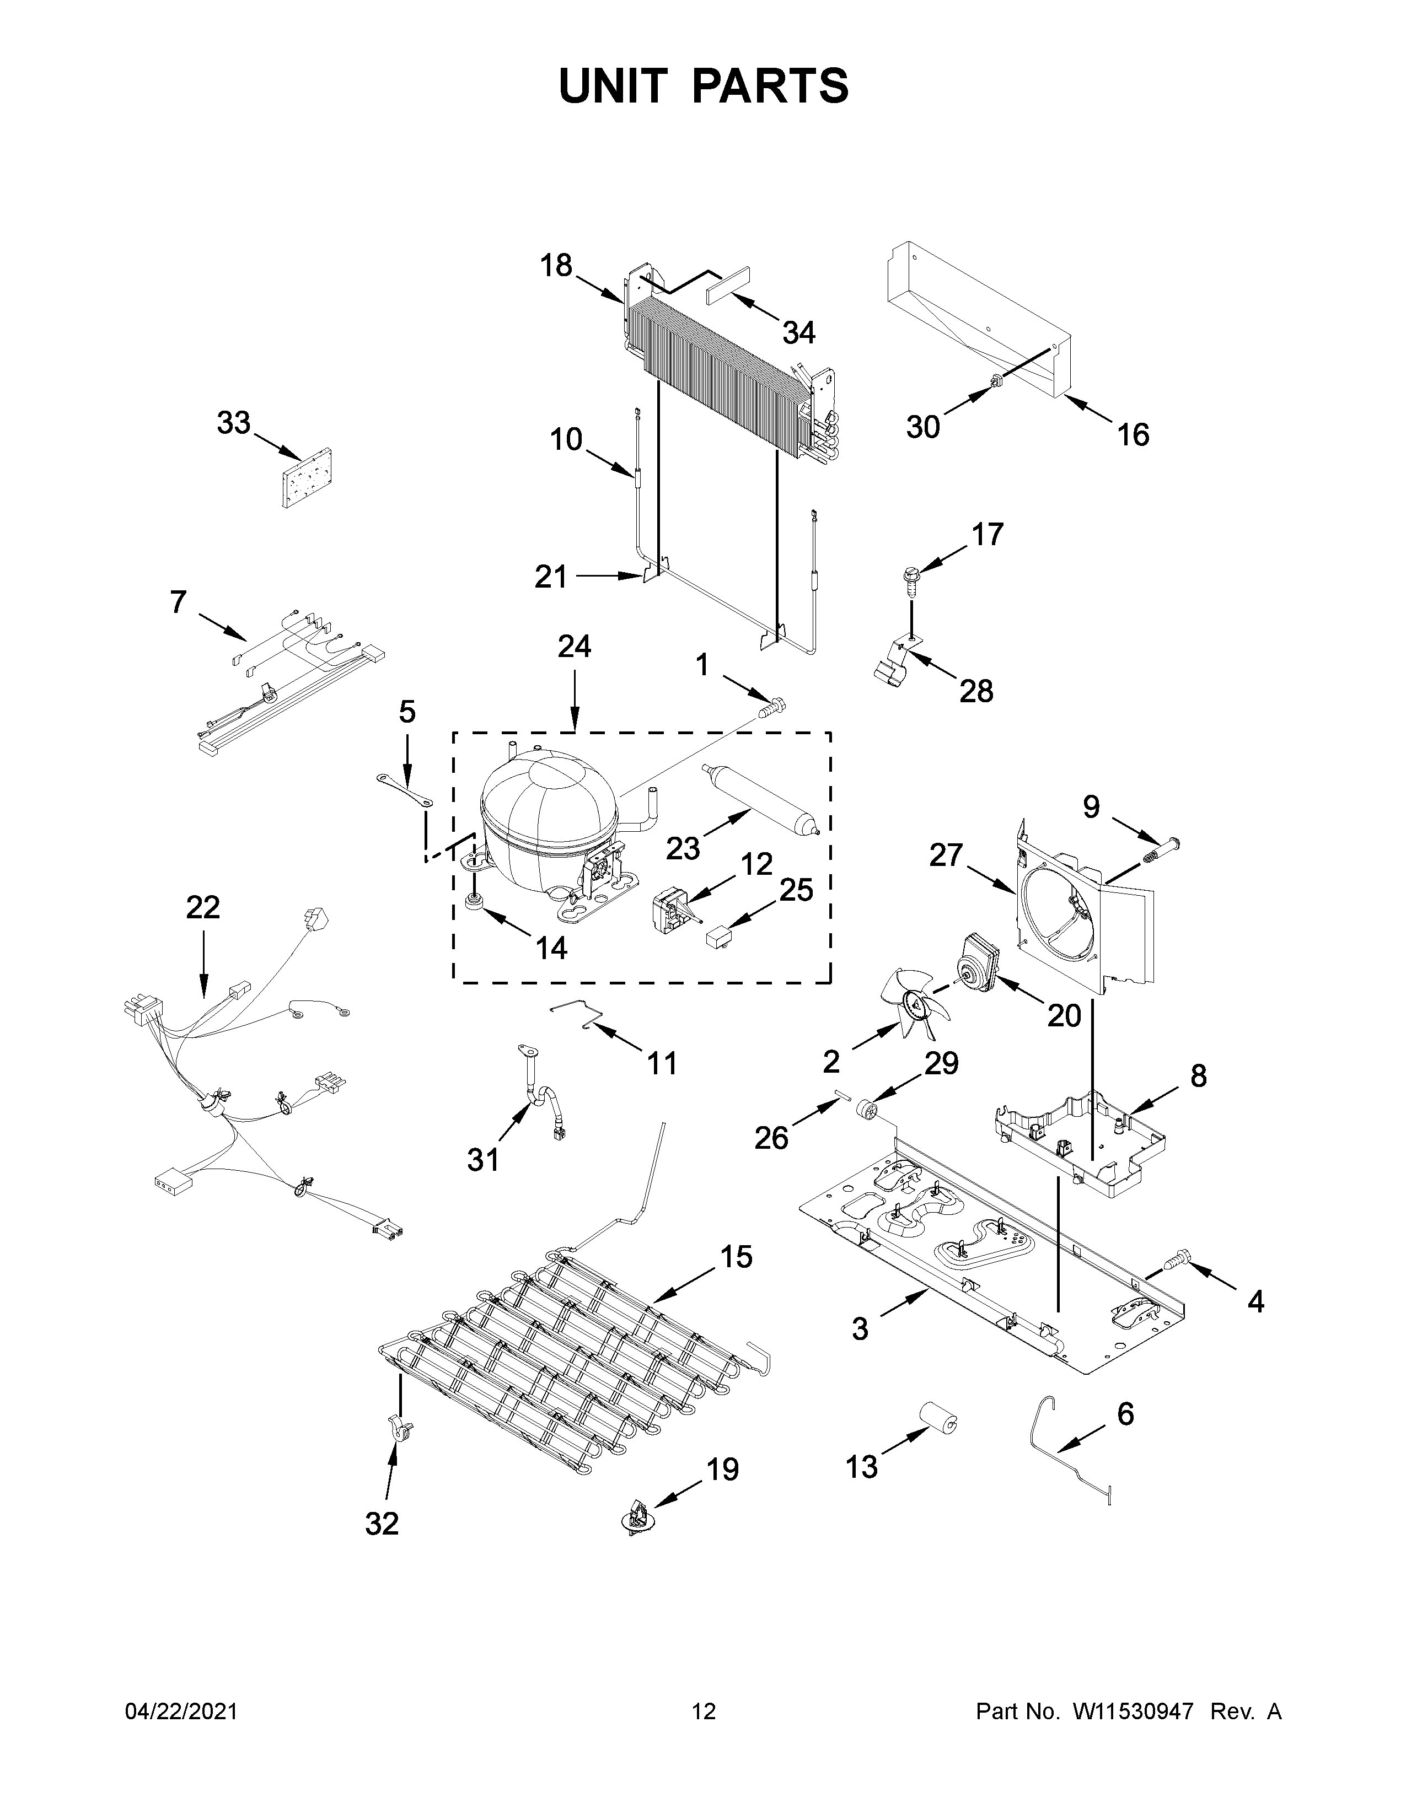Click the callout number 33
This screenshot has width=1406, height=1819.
click(233, 423)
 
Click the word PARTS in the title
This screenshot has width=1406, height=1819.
click(770, 86)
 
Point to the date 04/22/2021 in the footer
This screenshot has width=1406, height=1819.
click(181, 1711)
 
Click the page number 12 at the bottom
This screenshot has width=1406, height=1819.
click(704, 1711)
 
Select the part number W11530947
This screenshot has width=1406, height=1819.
click(1134, 1711)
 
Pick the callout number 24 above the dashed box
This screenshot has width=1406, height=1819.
click(574, 647)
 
